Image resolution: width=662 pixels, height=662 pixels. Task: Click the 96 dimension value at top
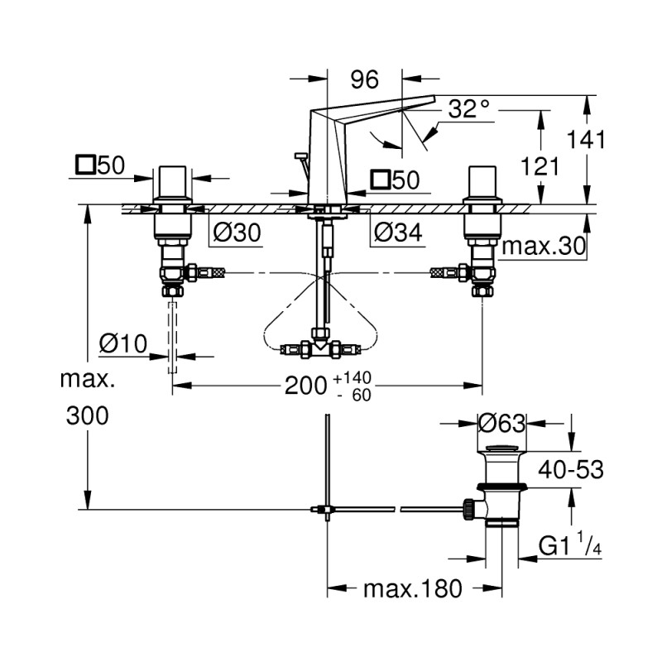(x=364, y=79)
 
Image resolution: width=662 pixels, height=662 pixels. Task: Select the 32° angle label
(x=468, y=109)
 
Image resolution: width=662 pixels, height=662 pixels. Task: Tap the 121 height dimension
(x=542, y=166)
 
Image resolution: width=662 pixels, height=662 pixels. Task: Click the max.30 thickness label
(x=544, y=246)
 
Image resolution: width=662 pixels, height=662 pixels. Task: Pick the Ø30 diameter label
(x=236, y=234)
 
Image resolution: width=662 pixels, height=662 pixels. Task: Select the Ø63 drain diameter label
(x=502, y=424)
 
